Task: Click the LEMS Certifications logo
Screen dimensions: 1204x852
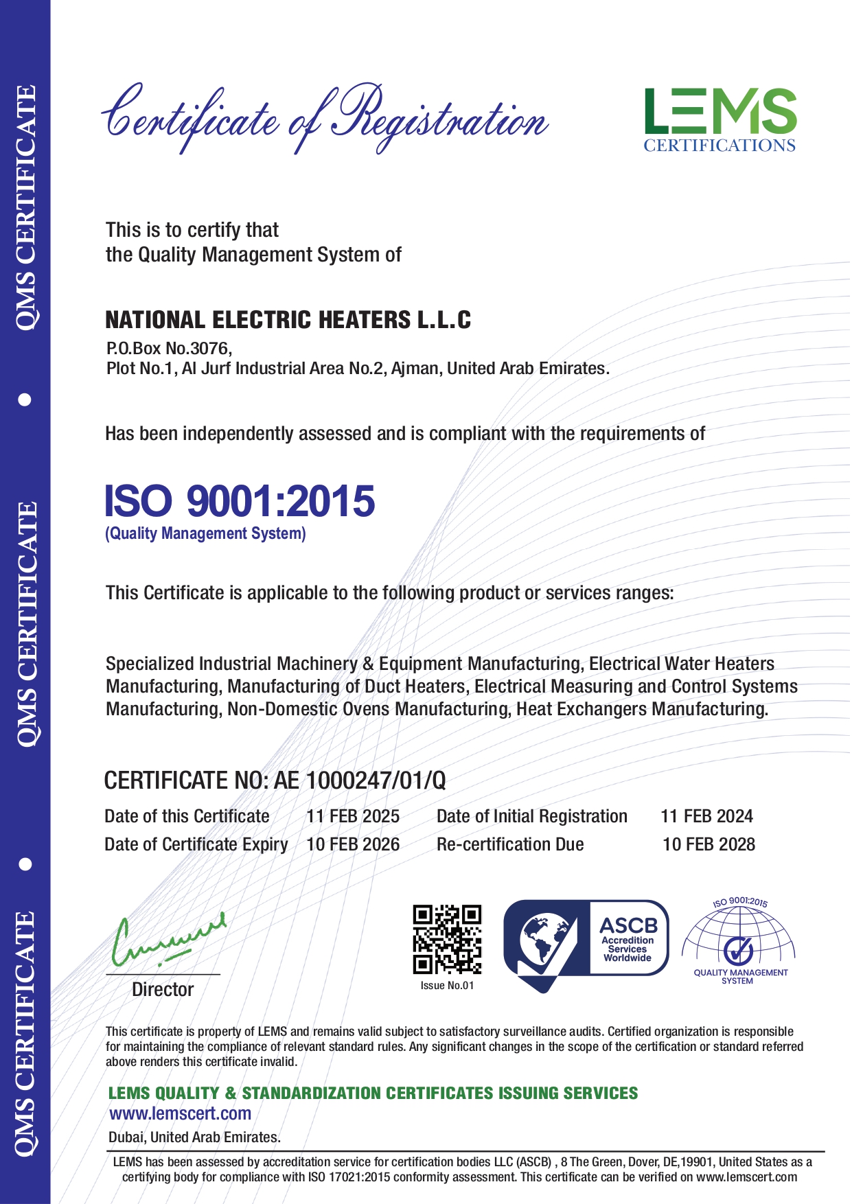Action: click(719, 119)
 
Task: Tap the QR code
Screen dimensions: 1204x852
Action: click(447, 939)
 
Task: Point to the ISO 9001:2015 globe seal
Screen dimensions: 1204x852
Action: click(739, 941)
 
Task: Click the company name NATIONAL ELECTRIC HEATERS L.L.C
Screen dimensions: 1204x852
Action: click(288, 320)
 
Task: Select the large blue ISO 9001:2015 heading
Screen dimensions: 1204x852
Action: click(240, 500)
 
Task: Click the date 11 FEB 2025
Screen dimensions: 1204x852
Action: click(353, 816)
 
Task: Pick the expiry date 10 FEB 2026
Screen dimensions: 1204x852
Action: click(353, 844)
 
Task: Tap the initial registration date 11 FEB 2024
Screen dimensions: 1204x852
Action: click(706, 816)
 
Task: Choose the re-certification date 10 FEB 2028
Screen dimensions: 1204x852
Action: click(709, 844)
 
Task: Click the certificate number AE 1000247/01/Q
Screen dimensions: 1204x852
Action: click(360, 780)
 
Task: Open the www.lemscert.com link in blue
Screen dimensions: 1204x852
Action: click(180, 1113)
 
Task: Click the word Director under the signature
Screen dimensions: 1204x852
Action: click(163, 989)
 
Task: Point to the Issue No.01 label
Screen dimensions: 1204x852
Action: click(447, 986)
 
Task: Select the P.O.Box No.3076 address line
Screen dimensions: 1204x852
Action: click(169, 348)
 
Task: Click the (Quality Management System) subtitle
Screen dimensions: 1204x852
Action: click(205, 533)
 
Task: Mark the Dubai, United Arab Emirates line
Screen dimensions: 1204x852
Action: click(194, 1137)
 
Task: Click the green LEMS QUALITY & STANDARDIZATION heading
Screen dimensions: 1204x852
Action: click(373, 1093)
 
